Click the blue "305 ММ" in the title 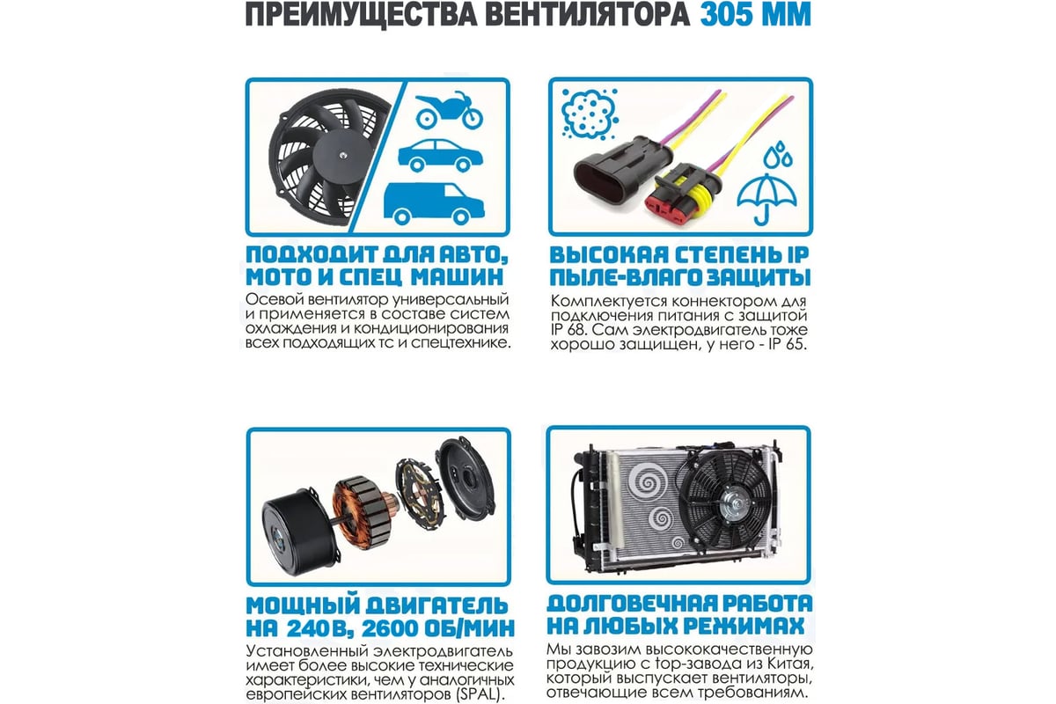point(755,15)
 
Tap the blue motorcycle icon point(449,110)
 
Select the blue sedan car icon point(441,155)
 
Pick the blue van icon point(434,203)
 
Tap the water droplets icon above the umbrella point(778,155)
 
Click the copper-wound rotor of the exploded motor point(362,512)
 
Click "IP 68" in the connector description point(566,329)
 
